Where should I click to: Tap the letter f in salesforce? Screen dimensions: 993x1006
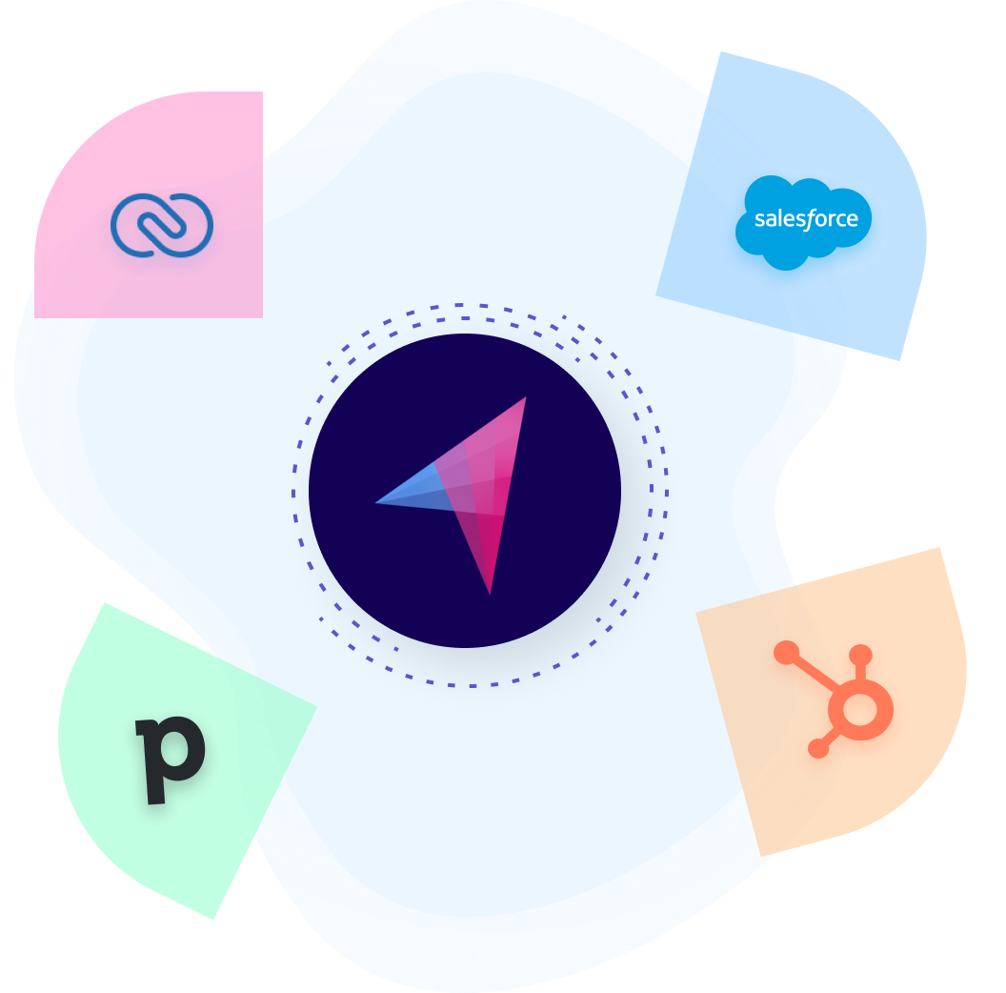tap(812, 220)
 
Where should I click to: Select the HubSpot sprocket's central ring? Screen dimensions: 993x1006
tap(859, 709)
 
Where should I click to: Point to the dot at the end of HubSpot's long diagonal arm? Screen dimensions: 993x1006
tap(786, 652)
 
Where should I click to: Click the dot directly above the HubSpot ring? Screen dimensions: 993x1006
tap(860, 655)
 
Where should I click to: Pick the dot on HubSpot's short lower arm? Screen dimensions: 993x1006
tap(817, 749)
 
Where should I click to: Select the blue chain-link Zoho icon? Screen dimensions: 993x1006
tap(161, 225)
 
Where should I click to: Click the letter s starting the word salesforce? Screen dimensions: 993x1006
tap(759, 220)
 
